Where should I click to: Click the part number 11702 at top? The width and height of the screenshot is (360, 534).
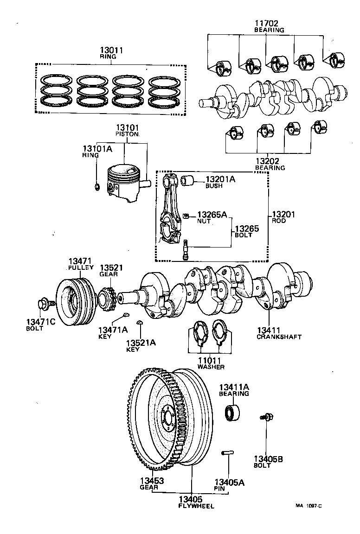267,23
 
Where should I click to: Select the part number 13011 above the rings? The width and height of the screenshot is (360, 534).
111,51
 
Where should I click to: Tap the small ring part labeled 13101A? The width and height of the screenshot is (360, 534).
96,186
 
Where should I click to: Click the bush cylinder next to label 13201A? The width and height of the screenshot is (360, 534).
187,180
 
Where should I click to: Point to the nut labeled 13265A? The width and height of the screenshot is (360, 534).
186,215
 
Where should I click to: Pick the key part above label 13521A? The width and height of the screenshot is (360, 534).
139,322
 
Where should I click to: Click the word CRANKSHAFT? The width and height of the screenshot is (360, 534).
279,337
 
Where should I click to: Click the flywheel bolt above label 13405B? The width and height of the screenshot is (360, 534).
266,417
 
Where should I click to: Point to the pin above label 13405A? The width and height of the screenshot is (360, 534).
227,452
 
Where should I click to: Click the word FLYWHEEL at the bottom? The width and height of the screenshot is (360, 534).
196,506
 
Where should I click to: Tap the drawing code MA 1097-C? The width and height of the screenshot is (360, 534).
309,506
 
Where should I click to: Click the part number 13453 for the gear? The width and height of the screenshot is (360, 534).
152,481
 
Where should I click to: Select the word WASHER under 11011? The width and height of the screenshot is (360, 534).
211,367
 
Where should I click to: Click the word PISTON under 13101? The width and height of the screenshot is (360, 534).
127,134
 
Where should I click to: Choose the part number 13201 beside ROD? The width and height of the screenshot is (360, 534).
283,214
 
